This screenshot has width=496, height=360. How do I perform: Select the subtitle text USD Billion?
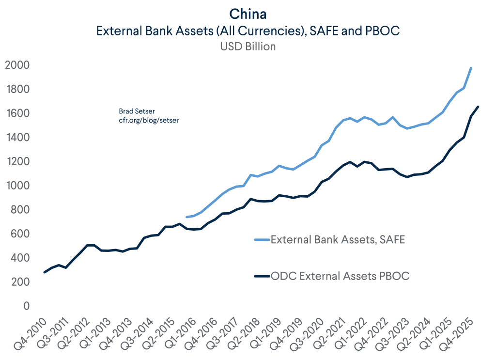pyautogui.click(x=248, y=47)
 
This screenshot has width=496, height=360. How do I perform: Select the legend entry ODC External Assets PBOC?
pyautogui.click(x=340, y=276)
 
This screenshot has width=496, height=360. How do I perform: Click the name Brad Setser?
pyautogui.click(x=134, y=111)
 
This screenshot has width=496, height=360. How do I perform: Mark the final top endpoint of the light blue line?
pyautogui.click(x=471, y=68)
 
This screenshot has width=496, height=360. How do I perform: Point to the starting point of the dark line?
pyautogui.click(x=45, y=272)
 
